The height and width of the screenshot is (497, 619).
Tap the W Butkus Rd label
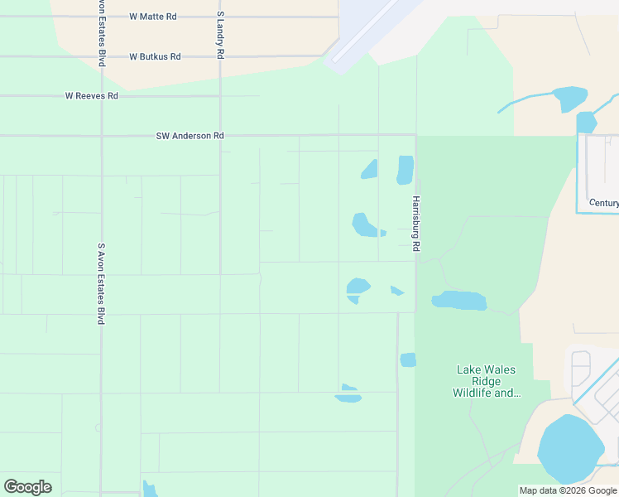[155, 56]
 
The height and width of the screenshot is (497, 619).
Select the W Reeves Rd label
[92, 96]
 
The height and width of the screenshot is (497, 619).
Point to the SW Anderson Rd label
[190, 136]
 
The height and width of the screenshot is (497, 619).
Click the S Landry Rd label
[220, 35]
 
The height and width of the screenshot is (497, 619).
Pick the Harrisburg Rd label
[416, 224]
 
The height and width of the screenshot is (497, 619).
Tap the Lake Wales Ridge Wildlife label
[487, 381]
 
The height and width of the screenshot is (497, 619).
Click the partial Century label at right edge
[603, 203]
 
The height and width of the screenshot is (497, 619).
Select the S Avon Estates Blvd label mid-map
[101, 283]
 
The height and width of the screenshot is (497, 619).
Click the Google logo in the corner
[27, 487]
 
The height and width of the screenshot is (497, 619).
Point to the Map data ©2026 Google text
[568, 490]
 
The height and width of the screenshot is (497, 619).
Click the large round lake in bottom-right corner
[570, 450]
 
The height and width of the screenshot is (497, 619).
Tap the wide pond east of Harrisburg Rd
[459, 300]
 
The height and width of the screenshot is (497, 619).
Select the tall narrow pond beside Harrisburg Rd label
[405, 170]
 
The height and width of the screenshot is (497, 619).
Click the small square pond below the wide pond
[408, 359]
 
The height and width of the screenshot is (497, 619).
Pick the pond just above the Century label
[586, 123]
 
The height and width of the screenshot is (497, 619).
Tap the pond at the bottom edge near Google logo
[150, 490]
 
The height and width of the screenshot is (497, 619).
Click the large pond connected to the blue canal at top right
[570, 99]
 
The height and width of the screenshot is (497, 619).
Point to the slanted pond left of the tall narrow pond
[369, 169]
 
